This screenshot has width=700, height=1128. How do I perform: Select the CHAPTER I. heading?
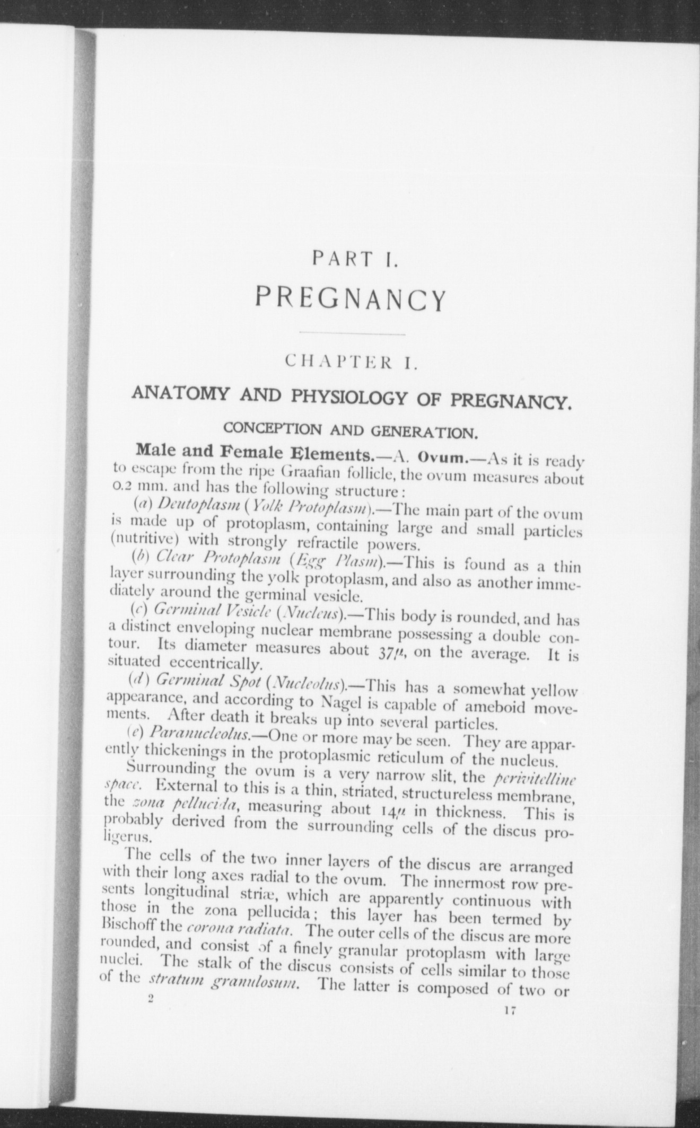353,363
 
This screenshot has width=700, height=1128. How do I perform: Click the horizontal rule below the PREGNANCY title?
353,334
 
